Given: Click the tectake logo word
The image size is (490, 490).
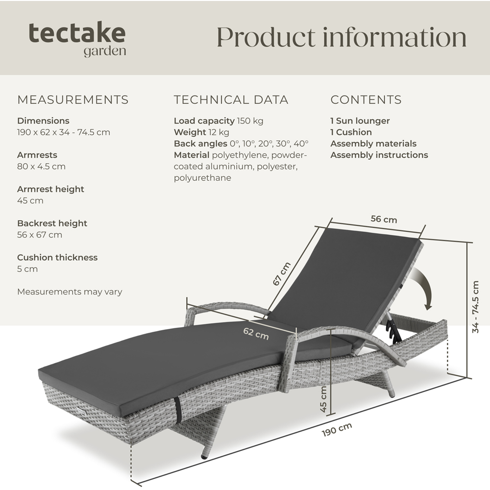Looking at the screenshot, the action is [77, 33].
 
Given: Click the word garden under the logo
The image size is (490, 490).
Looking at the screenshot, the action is [105, 51].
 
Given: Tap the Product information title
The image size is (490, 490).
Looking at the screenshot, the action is [342, 37].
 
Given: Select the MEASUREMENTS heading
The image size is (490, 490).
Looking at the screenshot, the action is [73, 99].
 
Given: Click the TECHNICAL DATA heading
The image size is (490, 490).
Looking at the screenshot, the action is [231, 99].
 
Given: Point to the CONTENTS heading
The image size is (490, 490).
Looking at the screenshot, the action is [366, 99].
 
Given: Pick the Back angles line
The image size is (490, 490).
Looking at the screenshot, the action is [241, 144].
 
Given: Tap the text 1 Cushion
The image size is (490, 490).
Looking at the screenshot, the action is [351, 132].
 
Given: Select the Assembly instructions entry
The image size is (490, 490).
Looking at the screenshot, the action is [379, 155].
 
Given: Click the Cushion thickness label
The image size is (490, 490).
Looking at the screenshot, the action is [57, 258].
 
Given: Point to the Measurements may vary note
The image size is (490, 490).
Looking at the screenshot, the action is [70, 292].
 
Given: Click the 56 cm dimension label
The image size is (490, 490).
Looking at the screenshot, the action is [384, 219].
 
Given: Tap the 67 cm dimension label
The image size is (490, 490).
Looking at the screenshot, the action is [282, 274].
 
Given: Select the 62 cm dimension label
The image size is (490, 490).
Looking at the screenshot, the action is [256, 333].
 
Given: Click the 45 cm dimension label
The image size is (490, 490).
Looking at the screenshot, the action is [323, 399].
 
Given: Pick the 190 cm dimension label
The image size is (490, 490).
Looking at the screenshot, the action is [337, 429].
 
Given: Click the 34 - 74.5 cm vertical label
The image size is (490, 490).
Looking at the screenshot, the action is [475, 307].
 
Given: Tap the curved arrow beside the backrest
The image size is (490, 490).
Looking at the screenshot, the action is [423, 288].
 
